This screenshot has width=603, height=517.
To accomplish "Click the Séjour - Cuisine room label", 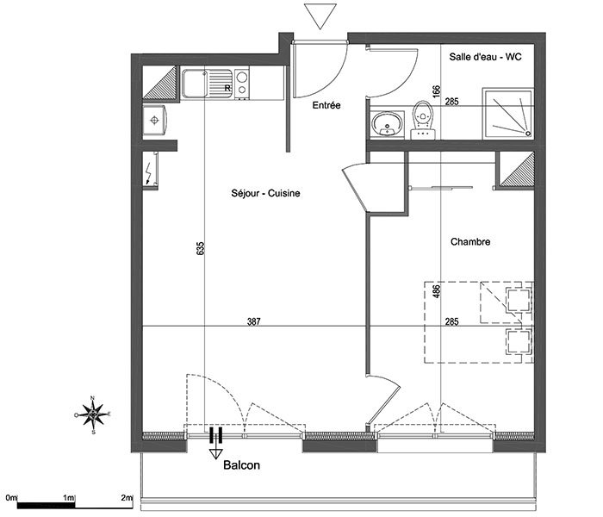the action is (x=265, y=193).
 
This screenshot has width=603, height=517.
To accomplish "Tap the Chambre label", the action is (x=470, y=241).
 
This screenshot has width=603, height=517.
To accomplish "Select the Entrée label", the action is (x=326, y=105).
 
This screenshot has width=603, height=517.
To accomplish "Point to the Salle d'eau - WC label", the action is (x=485, y=57).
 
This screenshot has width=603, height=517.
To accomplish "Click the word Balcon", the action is (x=241, y=465).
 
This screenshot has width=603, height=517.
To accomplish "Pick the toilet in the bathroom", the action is (x=423, y=120).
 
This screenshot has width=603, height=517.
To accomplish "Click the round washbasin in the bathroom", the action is (x=387, y=124).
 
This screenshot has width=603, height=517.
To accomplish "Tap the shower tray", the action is (x=507, y=113).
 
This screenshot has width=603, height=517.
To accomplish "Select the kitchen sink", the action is (x=208, y=84).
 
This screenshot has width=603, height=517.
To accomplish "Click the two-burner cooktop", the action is (x=241, y=84).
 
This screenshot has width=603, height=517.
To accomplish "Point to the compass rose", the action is (x=93, y=414).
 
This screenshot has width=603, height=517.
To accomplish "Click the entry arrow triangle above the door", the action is (x=320, y=16).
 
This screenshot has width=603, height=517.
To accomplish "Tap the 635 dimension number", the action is (x=201, y=248).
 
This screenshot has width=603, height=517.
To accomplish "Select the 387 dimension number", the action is (x=254, y=321).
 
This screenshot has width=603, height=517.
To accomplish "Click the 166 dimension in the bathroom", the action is (x=436, y=91).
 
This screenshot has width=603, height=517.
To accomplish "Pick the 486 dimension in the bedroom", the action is (x=436, y=291).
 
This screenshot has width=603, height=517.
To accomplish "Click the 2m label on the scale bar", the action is (x=127, y=497).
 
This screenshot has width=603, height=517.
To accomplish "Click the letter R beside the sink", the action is (x=227, y=88).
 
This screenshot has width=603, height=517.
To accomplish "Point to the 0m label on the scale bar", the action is (x=11, y=497).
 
